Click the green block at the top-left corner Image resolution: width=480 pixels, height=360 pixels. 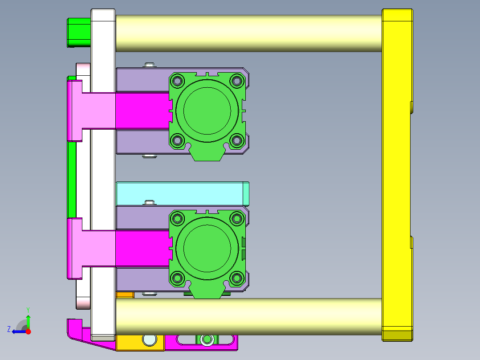pos(78,32)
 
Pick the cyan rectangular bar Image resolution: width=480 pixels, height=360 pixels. pos(178,193)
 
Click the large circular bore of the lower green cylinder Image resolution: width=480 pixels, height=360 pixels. pos(207,248)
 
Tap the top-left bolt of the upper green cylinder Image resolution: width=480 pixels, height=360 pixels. pos(178,81)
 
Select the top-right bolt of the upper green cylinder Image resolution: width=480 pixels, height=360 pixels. pos(236,81)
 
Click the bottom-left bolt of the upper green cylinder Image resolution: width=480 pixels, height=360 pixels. pos(178,140)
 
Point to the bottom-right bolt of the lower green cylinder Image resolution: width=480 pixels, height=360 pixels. pos(236,278)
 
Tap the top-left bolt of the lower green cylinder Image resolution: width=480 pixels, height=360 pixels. pos(178,218)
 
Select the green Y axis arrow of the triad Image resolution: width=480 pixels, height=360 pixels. pos(28,320)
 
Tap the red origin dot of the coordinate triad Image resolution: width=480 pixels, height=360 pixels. pos(28,331)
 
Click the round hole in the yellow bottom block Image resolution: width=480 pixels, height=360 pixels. pos(150,340)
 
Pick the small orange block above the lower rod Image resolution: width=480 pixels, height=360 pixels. pos(125,295)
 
